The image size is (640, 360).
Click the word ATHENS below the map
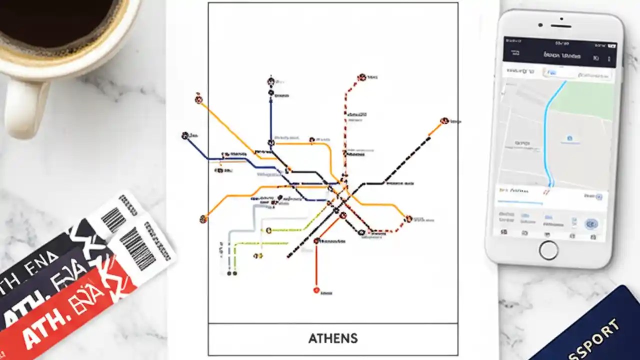[x=333, y=338]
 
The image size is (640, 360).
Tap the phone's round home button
[x=548, y=249]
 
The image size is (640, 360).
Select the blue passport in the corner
[x=595, y=330]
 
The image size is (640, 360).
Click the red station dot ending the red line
[x=316, y=290]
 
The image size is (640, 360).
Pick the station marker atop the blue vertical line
[x=270, y=81]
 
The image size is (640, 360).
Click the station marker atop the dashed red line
[x=361, y=77]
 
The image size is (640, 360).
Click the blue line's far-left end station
[x=185, y=135]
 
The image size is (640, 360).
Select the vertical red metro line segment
[x=316, y=265]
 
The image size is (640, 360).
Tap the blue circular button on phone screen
[x=592, y=223]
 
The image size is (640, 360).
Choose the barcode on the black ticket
[x=114, y=218]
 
